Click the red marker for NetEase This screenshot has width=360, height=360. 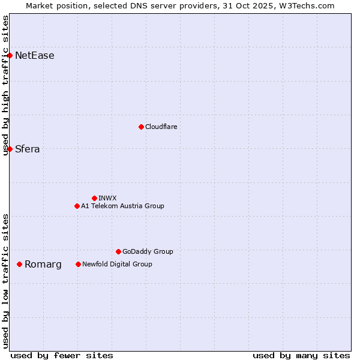point(10,56)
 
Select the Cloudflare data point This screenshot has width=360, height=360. point(141,127)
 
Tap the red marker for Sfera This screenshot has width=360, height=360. point(10,149)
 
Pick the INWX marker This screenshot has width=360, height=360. point(94,198)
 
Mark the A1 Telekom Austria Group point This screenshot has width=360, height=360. point(77,206)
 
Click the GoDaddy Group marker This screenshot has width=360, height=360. point(118,251)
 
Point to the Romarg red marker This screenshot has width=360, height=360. point(20,264)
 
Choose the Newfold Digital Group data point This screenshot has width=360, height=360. point(78,264)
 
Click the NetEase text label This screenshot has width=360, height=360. point(35,56)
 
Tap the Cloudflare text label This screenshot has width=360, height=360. point(161,127)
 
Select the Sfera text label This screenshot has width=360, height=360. point(28,149)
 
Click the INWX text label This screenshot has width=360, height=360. point(107,198)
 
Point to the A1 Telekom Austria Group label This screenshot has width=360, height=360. point(122,206)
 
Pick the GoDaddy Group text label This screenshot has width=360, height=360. point(148,251)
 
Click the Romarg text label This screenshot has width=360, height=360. point(43,264)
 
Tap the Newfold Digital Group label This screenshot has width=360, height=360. point(117,264)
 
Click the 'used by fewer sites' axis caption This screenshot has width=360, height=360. point(62,355)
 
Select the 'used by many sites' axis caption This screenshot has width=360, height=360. point(301,355)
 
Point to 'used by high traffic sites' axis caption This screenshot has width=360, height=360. point(5,85)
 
